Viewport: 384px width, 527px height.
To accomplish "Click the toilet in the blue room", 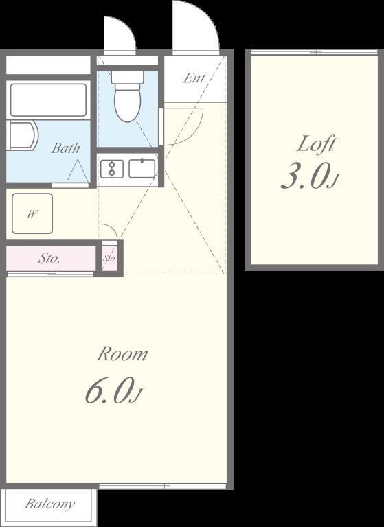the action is pyautogui.click(x=127, y=97).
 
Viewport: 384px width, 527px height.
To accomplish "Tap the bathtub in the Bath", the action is pyautogui.click(x=49, y=99).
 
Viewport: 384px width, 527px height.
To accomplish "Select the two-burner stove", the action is pyautogui.click(x=112, y=168).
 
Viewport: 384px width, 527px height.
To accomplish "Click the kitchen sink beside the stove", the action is pyautogui.click(x=142, y=168).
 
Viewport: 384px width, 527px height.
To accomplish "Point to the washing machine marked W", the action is pyautogui.click(x=32, y=213).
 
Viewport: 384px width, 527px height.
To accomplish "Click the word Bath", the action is pyautogui.click(x=66, y=148).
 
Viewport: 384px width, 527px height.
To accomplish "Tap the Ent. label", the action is pyautogui.click(x=194, y=78).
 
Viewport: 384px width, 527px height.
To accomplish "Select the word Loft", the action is pyautogui.click(x=316, y=144).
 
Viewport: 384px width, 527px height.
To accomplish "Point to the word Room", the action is pyautogui.click(x=122, y=354).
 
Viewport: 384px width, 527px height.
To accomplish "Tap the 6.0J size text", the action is pyautogui.click(x=114, y=391).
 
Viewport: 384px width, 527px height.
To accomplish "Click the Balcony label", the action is pyautogui.click(x=50, y=504).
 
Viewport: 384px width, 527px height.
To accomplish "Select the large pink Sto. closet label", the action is pyautogui.click(x=49, y=258).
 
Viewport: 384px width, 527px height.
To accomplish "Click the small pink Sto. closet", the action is pyautogui.click(x=110, y=259).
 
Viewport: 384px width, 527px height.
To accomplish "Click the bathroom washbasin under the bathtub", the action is pyautogui.click(x=22, y=135).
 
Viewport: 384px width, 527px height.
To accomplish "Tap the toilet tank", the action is pyautogui.click(x=127, y=78).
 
